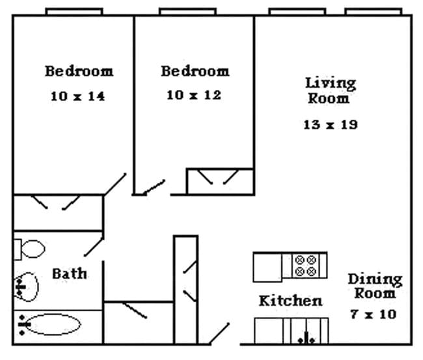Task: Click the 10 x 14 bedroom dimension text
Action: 77,96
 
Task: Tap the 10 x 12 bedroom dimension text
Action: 194,95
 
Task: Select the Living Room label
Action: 331,90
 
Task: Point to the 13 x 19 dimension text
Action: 330,124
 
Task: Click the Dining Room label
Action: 374,286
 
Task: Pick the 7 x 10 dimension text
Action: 373,314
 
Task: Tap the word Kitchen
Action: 290,301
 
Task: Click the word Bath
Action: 70,273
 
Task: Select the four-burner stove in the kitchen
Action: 306,265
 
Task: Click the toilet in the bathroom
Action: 30,248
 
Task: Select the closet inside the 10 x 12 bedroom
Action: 219,181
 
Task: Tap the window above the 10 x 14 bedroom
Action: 74,11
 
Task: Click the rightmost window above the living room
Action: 373,11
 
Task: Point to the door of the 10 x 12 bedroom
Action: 154,187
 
